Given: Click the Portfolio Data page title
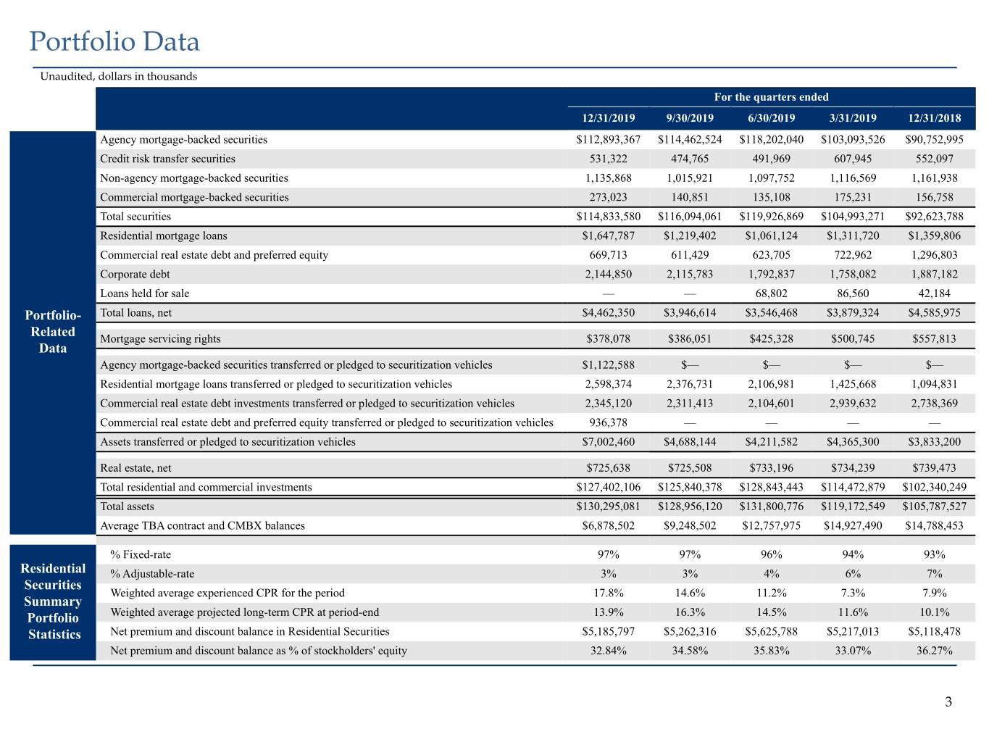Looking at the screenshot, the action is coord(114,41).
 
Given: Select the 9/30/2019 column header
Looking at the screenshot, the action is coord(689,118).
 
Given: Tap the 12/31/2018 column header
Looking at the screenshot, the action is coord(934,118).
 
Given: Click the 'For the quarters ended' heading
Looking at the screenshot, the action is coord(771,97).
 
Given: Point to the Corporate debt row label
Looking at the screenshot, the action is coord(135,274).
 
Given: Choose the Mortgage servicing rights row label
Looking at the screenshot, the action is coord(160,339).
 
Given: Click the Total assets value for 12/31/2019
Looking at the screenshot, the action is coord(608,507).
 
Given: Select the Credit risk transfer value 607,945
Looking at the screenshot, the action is coord(853,159).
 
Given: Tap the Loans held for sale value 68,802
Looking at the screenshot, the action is coord(771,293).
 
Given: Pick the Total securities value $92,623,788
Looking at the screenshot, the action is coord(934,216).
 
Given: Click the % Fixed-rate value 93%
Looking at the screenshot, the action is coord(934,554).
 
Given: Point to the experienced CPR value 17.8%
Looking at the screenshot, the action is coord(608,593).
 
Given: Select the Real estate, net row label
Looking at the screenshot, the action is coord(135,467).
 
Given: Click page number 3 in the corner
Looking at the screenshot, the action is coord(948,701).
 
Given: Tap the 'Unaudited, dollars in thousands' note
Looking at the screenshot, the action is coord(119,76).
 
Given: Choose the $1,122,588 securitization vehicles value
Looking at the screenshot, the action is coord(608,364).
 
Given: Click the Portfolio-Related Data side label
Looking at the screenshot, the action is coord(53,332).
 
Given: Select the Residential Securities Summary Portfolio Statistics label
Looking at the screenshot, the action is coord(53,601).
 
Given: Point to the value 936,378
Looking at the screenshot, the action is coord(608,422).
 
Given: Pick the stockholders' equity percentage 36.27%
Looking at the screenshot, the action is coord(934,651).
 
